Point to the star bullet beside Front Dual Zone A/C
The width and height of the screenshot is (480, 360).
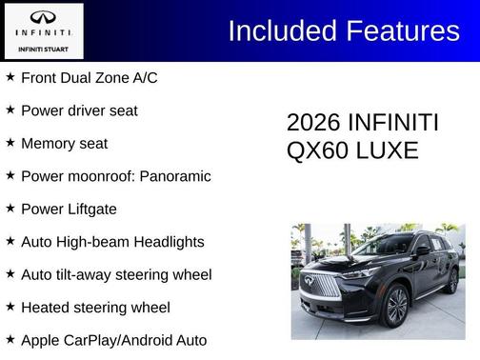10,77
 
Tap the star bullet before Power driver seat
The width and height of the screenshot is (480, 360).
10,110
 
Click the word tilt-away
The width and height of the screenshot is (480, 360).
90,275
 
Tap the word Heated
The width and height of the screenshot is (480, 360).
48,308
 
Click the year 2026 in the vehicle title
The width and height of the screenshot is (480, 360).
313,124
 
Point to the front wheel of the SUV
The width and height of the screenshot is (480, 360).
395,305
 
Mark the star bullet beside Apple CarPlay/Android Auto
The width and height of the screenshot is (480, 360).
10,339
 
